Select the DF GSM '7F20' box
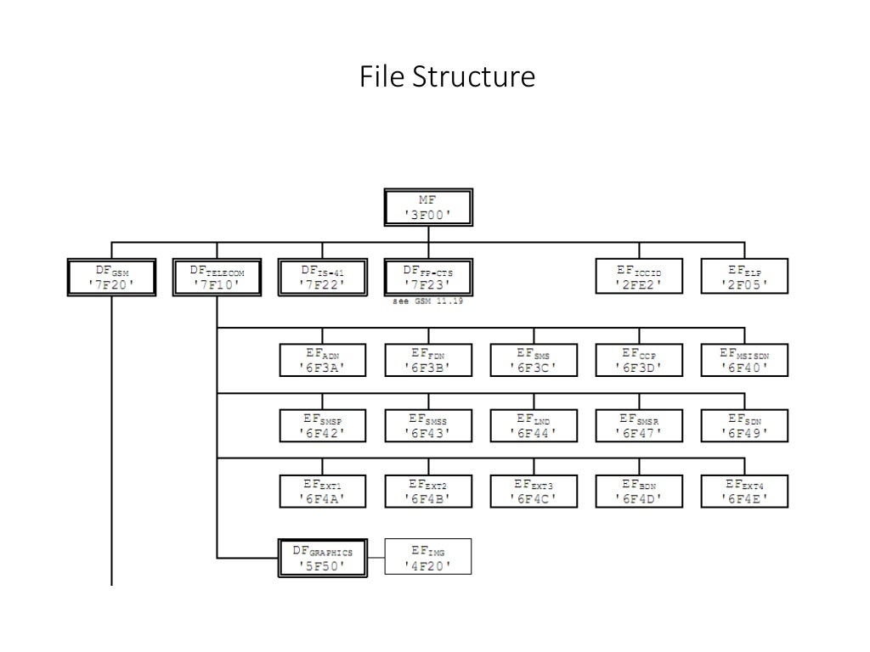point(112,278)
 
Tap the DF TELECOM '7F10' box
point(217,278)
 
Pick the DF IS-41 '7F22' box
point(323,278)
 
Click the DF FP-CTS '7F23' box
point(427,278)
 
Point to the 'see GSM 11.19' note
point(427,301)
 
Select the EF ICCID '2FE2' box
point(639,278)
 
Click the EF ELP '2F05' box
point(744,278)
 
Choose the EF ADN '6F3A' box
point(323,360)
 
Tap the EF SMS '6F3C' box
point(534,360)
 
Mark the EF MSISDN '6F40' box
point(744,360)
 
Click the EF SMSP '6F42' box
point(323,425)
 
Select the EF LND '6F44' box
point(534,425)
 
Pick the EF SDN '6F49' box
point(744,425)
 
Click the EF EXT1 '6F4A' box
point(323,491)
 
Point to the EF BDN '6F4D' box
point(639,491)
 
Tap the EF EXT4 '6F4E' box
point(744,491)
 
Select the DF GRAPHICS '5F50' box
point(323,558)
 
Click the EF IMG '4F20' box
point(427,558)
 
